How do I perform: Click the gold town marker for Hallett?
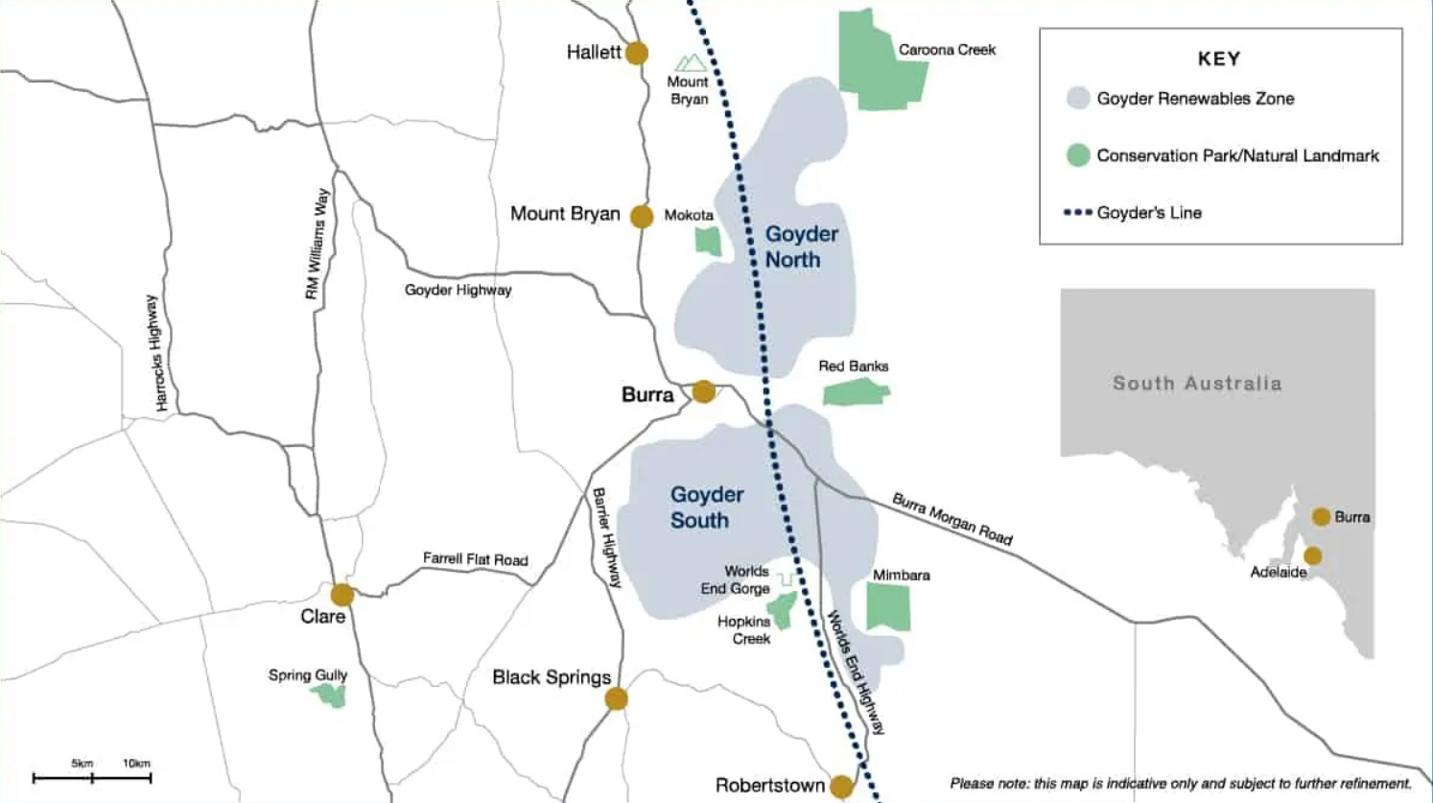point(636,53)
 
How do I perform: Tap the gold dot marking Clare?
point(342,595)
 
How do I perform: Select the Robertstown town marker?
point(841,787)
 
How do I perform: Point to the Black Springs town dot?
point(616,698)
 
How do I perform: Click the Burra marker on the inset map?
point(1321,517)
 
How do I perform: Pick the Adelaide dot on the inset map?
point(1312,555)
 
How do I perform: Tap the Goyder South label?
point(706,508)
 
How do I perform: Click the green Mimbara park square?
point(888,606)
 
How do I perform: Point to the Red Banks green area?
point(856,391)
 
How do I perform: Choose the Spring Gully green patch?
point(329,695)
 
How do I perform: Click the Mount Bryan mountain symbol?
point(691,64)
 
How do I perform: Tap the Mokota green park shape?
point(708,240)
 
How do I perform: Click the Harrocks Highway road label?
point(154,353)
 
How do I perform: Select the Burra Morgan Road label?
point(951,519)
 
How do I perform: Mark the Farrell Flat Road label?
point(475,558)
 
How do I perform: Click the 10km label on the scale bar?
point(136,764)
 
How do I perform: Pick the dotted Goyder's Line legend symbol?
point(1077,213)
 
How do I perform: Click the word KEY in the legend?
point(1219,59)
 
